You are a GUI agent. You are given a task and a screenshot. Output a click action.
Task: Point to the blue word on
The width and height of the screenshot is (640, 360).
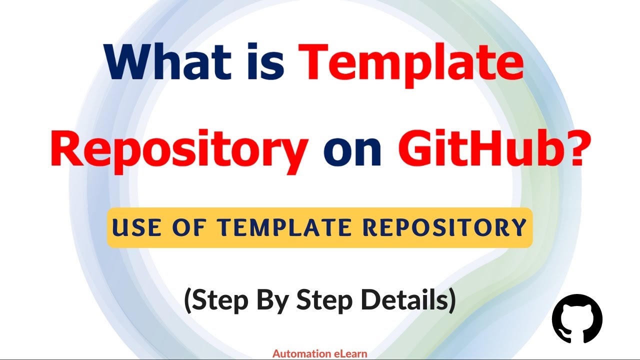353,148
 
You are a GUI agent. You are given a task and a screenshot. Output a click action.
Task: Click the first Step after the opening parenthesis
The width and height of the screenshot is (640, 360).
220,300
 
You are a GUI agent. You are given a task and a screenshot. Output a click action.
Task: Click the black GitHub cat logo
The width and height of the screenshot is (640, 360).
577,318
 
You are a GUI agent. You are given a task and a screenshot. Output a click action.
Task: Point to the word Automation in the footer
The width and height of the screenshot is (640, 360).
301,354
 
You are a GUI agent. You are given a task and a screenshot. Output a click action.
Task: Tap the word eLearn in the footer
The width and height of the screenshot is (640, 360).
350,354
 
